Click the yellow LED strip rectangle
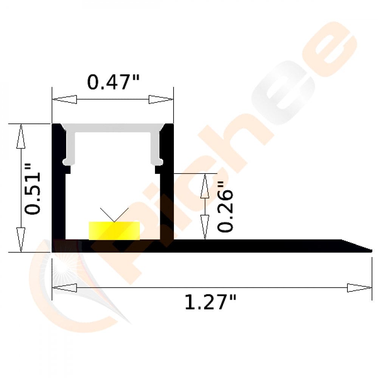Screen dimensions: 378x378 point(114,231)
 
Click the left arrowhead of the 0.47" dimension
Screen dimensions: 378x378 point(64,100)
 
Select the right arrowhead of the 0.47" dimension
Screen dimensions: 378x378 point(161,100)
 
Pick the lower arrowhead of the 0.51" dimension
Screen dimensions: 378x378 point(21,239)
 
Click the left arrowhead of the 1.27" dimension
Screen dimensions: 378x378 point(64,288)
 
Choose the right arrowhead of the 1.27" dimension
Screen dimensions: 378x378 point(359,288)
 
